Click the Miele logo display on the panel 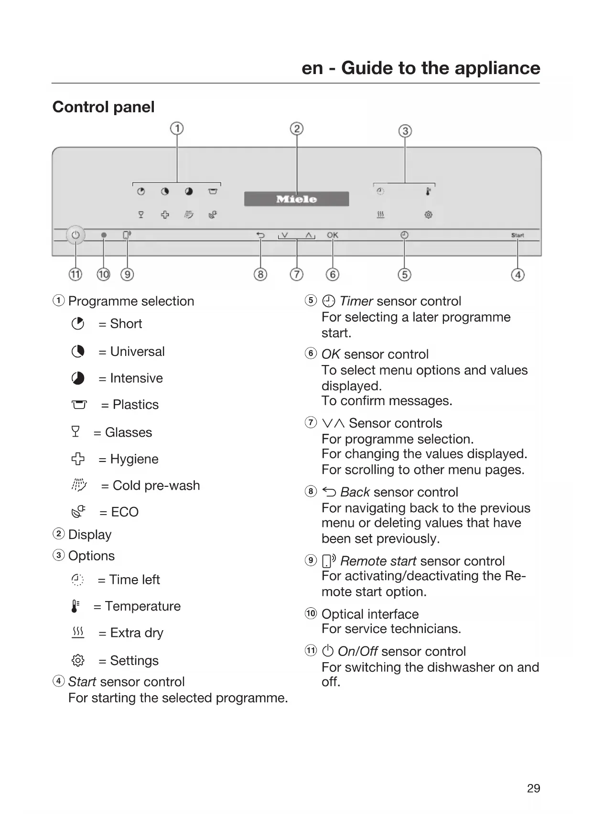tap(296, 199)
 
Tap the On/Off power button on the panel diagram tap(75, 235)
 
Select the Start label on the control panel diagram tap(518, 235)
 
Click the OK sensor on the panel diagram tap(333, 235)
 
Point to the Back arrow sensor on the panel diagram tap(260, 235)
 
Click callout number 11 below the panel tap(75, 274)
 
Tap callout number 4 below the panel tap(518, 275)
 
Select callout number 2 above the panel tap(297, 129)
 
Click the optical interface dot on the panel tap(104, 235)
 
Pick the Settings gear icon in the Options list tap(77, 660)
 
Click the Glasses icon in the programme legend tap(75, 432)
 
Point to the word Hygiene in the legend tap(134, 459)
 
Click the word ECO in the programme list tap(125, 512)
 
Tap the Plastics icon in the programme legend tap(79, 405)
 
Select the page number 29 tap(533, 788)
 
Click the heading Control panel tap(103, 107)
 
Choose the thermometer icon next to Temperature tap(75, 606)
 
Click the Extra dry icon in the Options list tap(77, 633)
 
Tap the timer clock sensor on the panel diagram tap(404, 235)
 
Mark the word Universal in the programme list tap(137, 352)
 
